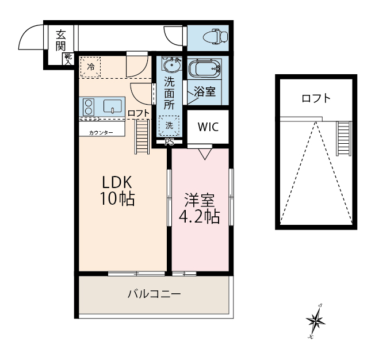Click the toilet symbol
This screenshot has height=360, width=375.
click(215, 36)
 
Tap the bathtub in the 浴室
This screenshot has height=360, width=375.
click(205, 68)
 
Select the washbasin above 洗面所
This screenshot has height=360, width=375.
click(171, 64)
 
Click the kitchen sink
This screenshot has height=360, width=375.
click(112, 106)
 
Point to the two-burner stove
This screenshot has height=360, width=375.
click(88, 107)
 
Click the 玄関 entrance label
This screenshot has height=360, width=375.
click(61, 40)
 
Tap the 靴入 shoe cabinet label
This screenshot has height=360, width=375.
click(68, 60)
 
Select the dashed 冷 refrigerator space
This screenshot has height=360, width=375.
click(90, 67)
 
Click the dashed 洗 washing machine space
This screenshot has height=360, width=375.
click(169, 125)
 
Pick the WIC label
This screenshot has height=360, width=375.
click(208, 127)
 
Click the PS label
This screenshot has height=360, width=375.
click(169, 142)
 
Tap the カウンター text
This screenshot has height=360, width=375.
click(101, 133)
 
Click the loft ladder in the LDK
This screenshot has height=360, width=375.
click(142, 137)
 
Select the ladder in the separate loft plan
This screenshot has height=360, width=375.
click(344, 139)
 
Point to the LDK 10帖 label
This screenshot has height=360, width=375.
click(117, 191)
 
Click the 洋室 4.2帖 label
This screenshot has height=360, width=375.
click(199, 208)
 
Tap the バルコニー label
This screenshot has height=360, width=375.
click(154, 294)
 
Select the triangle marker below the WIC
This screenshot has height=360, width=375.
click(205, 154)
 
